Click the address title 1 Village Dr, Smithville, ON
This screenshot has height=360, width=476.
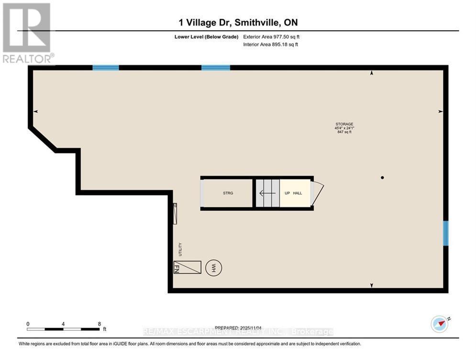238,22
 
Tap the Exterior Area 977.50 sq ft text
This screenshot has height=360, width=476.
271,36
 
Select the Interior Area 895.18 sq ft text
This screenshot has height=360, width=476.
271,45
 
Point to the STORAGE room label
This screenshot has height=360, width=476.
343,124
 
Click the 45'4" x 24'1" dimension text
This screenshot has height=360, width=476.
343,128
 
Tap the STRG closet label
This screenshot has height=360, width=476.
228,193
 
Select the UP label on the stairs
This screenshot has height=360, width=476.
287,193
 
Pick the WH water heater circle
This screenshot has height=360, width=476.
211,268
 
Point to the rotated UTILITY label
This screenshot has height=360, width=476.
180,249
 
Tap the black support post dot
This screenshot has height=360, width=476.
382,178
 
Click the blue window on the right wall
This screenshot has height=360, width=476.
445,233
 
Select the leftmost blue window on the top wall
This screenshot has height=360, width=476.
105,67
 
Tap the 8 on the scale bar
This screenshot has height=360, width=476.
99,324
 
